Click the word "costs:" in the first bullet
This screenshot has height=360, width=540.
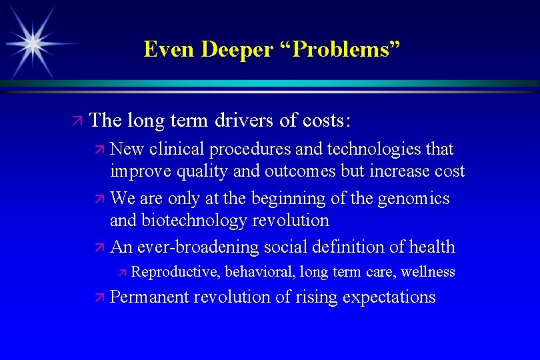coord(325,121)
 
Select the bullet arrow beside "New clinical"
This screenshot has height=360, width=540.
coord(100,148)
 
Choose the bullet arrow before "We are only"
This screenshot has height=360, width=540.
coord(100,199)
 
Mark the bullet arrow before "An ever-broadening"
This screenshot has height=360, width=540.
coord(100,248)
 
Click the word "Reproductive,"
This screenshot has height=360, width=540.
coord(176,272)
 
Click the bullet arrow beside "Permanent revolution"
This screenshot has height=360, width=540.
coord(100,297)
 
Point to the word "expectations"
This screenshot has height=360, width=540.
coord(389,297)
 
